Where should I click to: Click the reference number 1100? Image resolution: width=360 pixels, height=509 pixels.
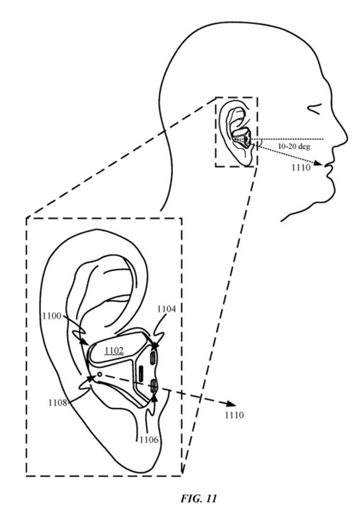click(52, 315)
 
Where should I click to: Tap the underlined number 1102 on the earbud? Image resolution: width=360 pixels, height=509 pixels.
click(114, 350)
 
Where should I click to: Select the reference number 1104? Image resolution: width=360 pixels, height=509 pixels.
click(167, 309)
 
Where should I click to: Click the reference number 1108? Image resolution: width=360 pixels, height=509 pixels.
click(58, 402)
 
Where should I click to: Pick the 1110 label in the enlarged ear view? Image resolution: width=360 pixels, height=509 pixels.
click(234, 415)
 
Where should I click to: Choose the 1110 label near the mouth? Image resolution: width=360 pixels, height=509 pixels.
click(301, 168)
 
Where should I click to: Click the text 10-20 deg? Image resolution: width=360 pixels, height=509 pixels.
click(294, 146)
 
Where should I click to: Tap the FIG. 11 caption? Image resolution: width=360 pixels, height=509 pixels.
click(198, 498)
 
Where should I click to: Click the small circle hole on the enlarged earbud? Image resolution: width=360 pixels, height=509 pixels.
click(99, 375)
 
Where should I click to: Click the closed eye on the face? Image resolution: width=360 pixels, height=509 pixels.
click(315, 109)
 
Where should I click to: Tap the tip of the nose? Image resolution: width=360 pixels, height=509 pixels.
click(346, 136)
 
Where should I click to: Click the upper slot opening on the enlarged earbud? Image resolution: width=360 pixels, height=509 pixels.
click(153, 359)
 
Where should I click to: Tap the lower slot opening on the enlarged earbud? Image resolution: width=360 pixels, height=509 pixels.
click(154, 387)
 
